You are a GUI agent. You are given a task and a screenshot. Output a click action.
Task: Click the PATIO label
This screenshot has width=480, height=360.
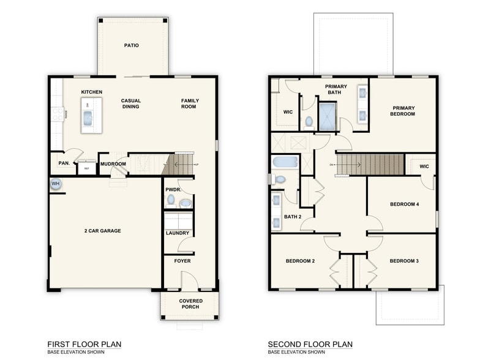(131, 45)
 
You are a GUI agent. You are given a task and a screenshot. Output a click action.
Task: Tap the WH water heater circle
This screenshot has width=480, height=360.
(55, 184)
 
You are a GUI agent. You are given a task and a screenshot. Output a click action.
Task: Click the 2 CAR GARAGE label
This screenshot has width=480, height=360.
(102, 231)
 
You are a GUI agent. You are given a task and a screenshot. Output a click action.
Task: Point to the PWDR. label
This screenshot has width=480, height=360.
(172, 190)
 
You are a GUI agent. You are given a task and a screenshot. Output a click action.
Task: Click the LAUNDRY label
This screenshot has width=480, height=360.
(178, 233)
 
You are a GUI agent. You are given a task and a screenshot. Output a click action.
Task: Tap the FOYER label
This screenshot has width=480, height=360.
(182, 261)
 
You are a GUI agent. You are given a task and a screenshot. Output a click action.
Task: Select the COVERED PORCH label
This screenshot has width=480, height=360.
(191, 304)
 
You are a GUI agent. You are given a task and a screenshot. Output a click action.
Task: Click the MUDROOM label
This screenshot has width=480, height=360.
(113, 164)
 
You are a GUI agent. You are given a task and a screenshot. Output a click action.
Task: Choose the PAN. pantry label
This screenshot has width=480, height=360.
(62, 164)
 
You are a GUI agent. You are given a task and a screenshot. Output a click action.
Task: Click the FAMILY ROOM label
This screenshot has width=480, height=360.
(190, 103)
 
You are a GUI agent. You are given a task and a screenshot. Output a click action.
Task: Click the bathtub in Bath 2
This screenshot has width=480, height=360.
(285, 163)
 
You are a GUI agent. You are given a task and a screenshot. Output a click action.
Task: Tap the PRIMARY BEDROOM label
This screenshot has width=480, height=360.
(403, 111)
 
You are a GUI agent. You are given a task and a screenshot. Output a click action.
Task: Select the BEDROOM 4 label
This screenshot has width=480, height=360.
(404, 204)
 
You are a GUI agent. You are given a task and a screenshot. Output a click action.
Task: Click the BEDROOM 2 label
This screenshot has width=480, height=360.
(300, 261)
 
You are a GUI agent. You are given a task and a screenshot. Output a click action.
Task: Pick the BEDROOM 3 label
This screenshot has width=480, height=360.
(404, 261)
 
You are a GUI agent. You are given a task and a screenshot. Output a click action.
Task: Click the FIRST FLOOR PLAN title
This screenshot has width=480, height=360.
(84, 344)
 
